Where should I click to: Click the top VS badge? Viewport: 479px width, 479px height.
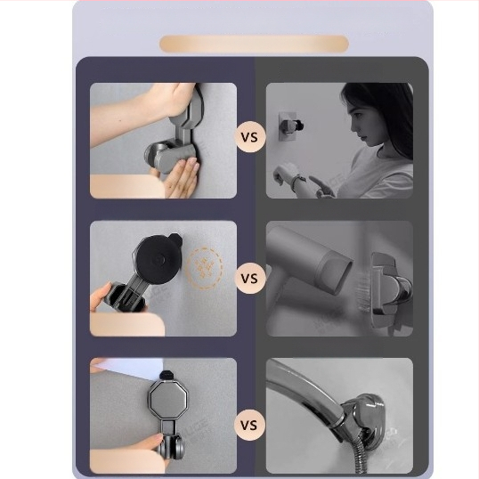pyautogui.click(x=249, y=137)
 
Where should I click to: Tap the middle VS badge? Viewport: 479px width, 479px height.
pyautogui.click(x=249, y=279)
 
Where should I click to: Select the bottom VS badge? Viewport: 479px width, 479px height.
pyautogui.click(x=249, y=425)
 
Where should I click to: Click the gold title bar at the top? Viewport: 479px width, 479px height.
pyautogui.click(x=254, y=44)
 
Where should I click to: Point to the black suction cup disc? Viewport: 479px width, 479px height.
pyautogui.click(x=156, y=260)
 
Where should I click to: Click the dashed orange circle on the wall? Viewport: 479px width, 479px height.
pyautogui.click(x=205, y=268)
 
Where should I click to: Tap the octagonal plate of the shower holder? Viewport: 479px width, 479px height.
pyautogui.click(x=167, y=400)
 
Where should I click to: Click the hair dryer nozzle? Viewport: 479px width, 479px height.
pyautogui.click(x=335, y=272)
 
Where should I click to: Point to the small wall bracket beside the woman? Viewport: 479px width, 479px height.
pyautogui.click(x=289, y=126)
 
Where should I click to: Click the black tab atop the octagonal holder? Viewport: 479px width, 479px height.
pyautogui.click(x=166, y=375)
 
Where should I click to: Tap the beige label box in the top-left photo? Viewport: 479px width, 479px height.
pyautogui.click(x=126, y=186)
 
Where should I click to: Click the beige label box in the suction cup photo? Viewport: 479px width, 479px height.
pyautogui.click(x=127, y=324)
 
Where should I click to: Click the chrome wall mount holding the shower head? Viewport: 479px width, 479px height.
pyautogui.click(x=363, y=416)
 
